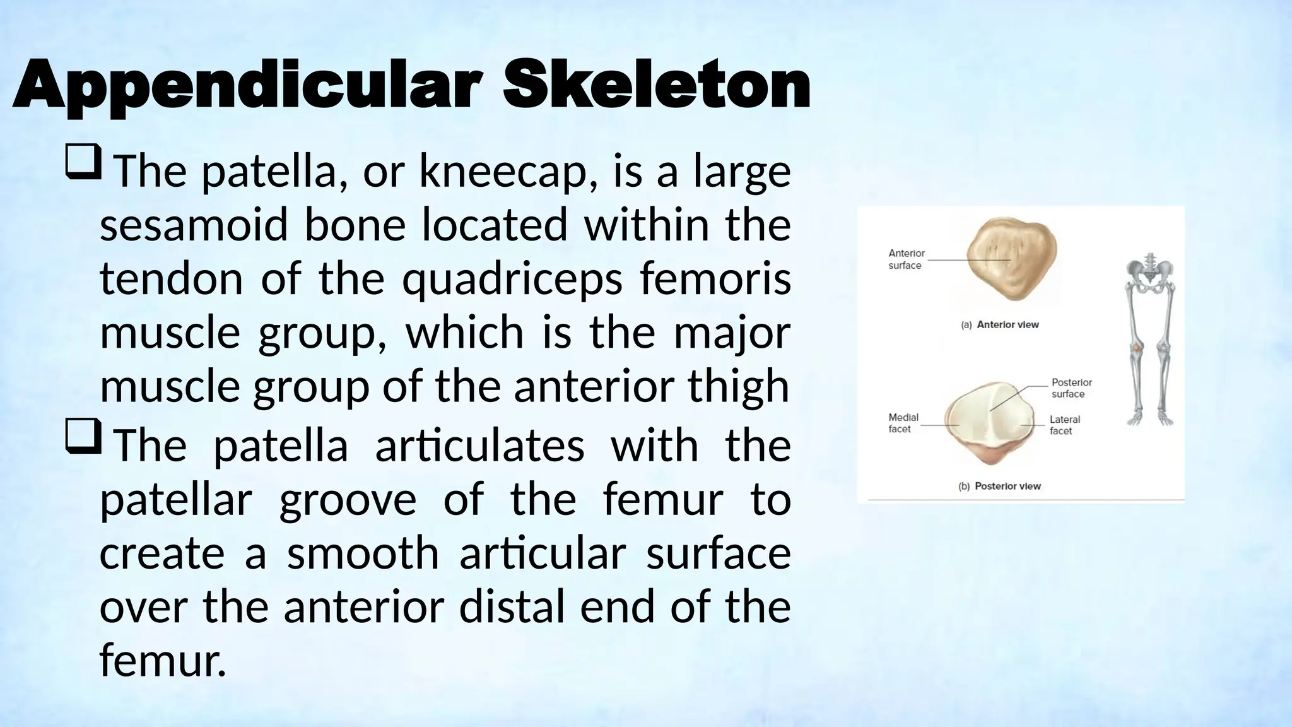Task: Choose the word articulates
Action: pyautogui.click(x=479, y=446)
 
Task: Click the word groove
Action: pyautogui.click(x=348, y=500)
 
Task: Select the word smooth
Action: pyautogui.click(x=363, y=553)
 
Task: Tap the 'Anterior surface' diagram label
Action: pyautogui.click(x=906, y=259)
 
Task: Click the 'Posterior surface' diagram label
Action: pyautogui.click(x=1071, y=388)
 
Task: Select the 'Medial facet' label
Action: pyautogui.click(x=903, y=423)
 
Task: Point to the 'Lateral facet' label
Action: pyautogui.click(x=1064, y=425)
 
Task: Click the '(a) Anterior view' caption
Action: pyautogui.click(x=999, y=325)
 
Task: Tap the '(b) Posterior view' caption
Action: pyautogui.click(x=999, y=486)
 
